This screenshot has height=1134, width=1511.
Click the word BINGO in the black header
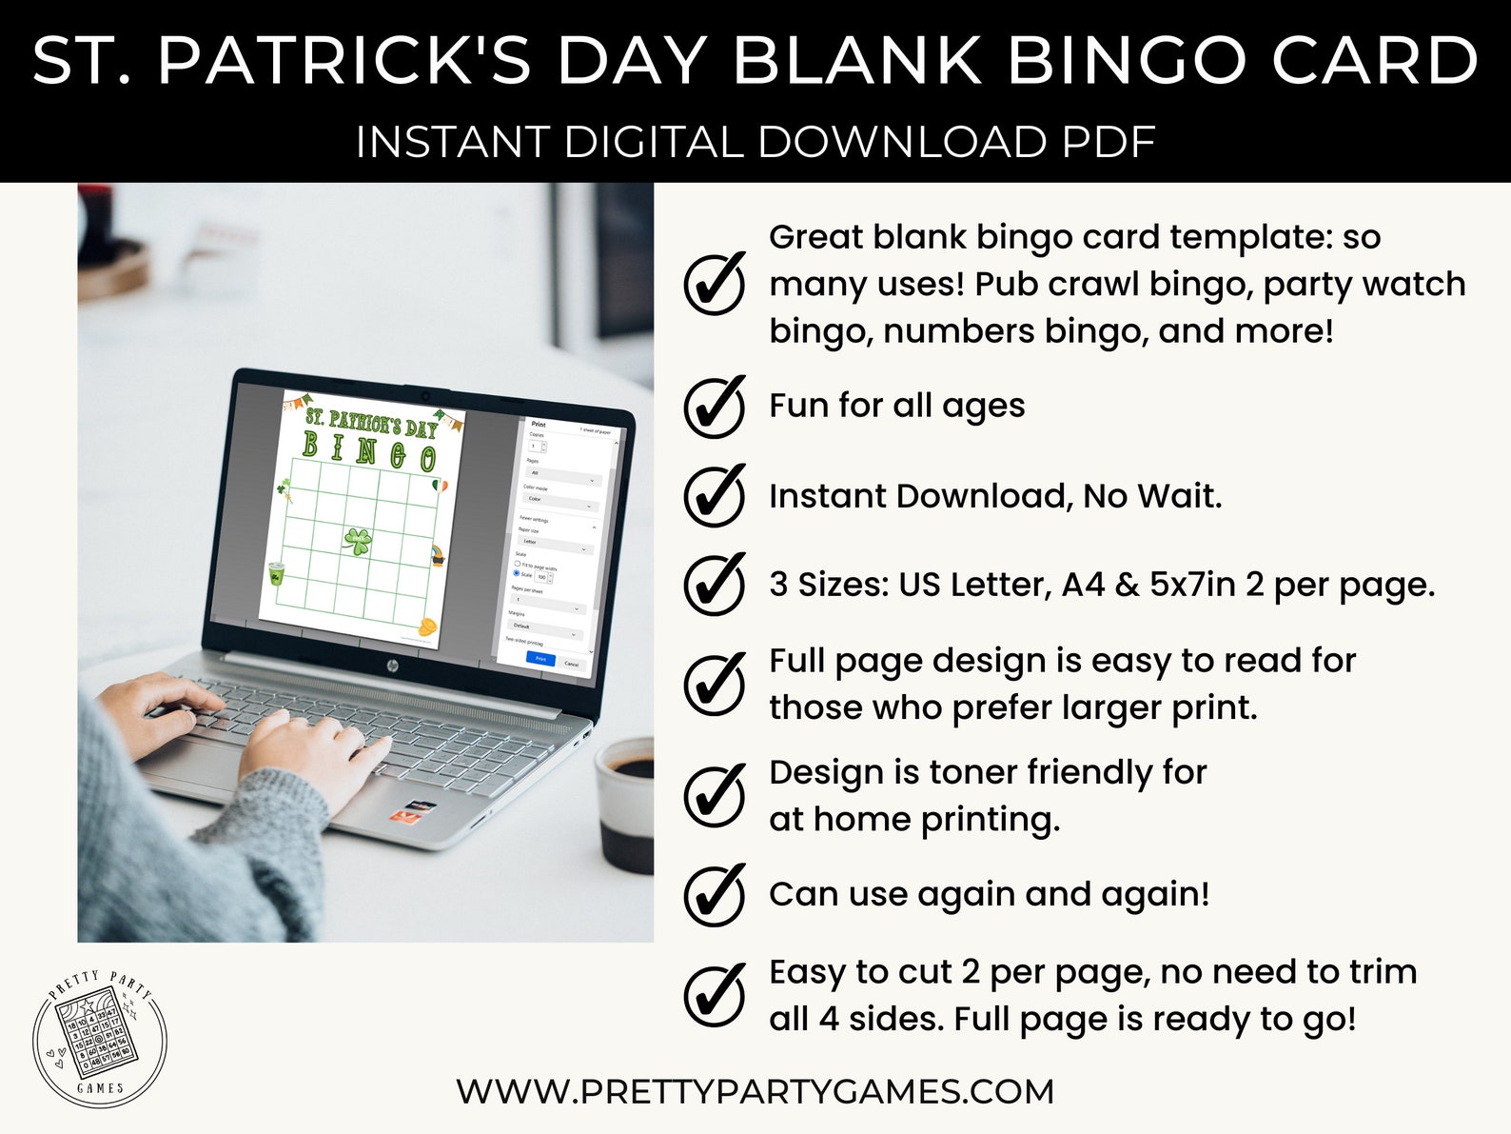click(1127, 60)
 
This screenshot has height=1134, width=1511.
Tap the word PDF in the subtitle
click(1107, 143)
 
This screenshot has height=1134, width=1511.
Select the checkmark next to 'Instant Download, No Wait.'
click(715, 496)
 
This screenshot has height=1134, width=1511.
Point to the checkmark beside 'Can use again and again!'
click(715, 895)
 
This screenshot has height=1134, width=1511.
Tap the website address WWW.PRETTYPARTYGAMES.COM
click(755, 1091)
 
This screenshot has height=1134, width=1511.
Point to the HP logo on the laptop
click(391, 666)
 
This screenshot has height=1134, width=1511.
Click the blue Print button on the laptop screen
click(540, 658)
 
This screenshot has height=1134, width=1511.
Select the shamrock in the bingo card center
click(358, 542)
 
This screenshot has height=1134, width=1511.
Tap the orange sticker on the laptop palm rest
click(407, 814)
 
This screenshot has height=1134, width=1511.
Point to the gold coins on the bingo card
click(428, 627)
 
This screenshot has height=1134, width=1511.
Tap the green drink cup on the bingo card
click(276, 573)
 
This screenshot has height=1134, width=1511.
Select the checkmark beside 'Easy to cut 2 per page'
click(715, 995)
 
